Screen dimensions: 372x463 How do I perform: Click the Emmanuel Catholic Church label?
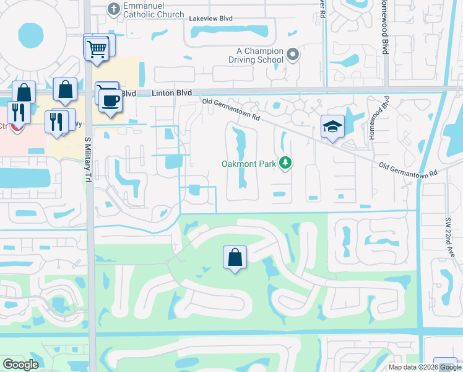coord(154,10)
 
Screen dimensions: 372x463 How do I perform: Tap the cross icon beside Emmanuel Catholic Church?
coord(113,9)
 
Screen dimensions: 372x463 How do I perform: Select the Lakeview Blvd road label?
coord(210,19)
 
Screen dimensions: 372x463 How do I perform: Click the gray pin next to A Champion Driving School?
coord(293,55)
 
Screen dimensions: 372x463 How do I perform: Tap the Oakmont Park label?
coord(249,164)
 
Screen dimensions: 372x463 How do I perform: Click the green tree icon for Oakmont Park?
coord(285,163)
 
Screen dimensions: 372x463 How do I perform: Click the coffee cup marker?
coord(110,100)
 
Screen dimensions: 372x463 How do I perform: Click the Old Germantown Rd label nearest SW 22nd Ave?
coord(408,169)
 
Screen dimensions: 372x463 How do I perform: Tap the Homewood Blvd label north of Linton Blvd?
coord(385,28)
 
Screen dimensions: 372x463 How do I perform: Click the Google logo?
coord(20,365)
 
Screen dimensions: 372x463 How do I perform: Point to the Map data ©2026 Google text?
coord(424,367)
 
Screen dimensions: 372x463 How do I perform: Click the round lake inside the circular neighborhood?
coord(29,36)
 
